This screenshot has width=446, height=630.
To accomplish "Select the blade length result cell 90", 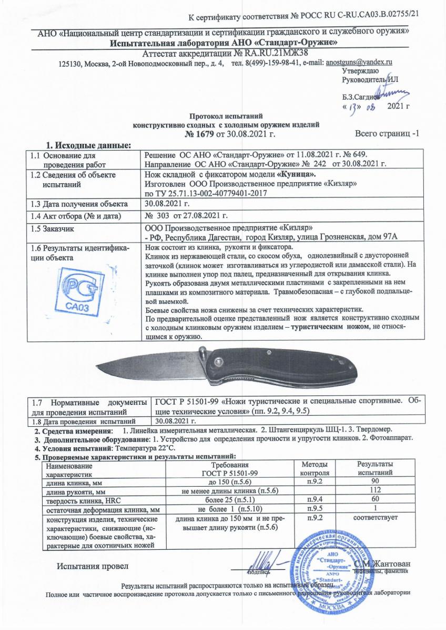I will tap(374, 482).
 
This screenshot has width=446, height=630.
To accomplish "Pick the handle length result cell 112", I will tap(374, 491).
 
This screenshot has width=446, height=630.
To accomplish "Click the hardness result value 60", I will tap(374, 500).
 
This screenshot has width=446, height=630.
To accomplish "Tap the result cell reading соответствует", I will tap(374, 518).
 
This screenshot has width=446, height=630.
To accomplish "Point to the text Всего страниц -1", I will tap(387, 134).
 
